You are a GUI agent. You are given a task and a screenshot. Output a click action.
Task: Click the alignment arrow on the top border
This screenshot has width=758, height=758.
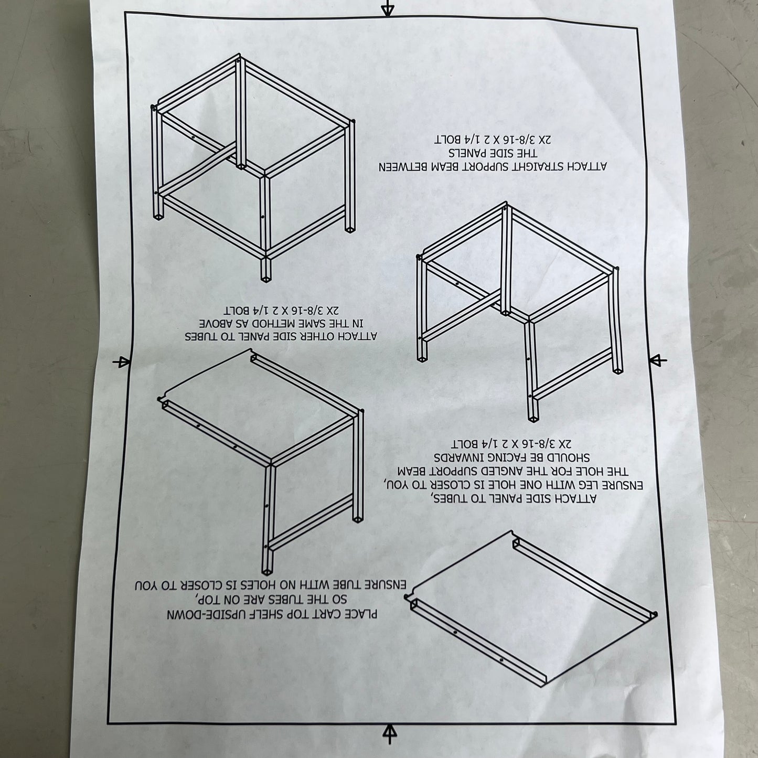[x=388, y=8]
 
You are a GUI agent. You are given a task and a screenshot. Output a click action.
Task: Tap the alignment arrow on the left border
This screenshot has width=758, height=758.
[x=121, y=362]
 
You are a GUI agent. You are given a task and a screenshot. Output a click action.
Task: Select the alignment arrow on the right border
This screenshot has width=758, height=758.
[x=658, y=360]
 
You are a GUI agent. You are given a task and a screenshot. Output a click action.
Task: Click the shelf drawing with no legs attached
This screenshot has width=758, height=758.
[x=531, y=614]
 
